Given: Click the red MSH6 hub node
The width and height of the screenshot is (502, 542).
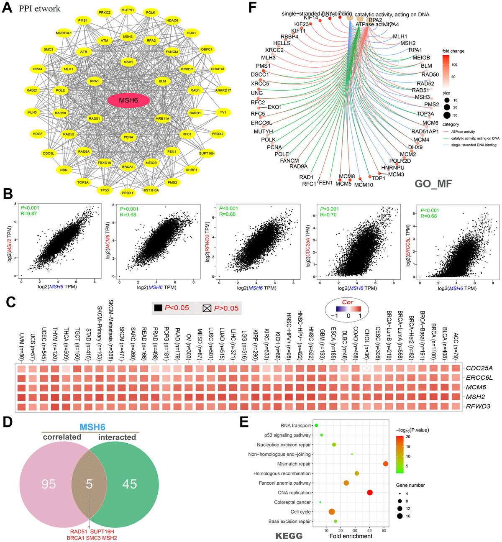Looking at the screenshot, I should [128, 100].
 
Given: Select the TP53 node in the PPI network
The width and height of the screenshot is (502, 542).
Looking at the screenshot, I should [105, 190].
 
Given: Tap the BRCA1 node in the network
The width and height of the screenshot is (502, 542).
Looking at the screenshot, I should [128, 167].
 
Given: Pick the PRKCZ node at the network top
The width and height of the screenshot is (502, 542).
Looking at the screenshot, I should [105, 13].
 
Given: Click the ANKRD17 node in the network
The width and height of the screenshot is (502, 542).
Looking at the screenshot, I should [223, 90].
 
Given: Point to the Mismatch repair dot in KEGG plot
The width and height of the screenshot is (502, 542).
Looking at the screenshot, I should [385, 464].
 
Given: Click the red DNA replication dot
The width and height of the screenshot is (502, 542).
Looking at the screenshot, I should [369, 493].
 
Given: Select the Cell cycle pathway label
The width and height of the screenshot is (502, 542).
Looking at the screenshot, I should [300, 512].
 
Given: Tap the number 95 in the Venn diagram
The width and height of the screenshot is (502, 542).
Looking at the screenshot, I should [49, 484].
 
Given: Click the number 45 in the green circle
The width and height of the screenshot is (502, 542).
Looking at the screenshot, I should [129, 484].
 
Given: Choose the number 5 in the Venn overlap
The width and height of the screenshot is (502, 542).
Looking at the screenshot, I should [89, 484].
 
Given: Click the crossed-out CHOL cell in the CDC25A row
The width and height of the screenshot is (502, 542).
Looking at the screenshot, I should [366, 368].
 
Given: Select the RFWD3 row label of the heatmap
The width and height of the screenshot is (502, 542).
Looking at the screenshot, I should [479, 406].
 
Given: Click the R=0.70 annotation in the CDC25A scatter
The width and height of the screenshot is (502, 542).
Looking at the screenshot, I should [328, 215].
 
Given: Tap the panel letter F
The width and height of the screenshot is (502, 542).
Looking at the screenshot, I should [252, 7].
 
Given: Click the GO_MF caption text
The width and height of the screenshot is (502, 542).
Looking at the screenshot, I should [433, 184].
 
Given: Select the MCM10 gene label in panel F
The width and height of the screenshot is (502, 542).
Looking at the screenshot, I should [364, 185].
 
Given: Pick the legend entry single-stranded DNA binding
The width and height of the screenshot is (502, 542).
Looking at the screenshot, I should [474, 145].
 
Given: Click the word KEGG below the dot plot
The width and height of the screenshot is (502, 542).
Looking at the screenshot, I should [289, 536].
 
